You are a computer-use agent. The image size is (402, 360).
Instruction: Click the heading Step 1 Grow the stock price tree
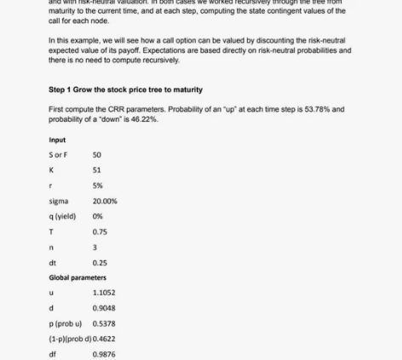[x=126, y=89]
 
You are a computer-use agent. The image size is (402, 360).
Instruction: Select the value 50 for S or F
[x=97, y=155]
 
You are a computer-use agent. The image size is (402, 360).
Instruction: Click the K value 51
[x=97, y=170]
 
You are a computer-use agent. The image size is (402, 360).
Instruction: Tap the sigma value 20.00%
[x=105, y=201]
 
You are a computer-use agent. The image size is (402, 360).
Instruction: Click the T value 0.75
[x=100, y=231]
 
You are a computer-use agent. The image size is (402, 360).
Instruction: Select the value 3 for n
[x=95, y=247]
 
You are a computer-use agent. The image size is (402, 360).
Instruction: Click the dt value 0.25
[x=100, y=262]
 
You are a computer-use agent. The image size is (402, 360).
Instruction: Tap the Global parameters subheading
[x=78, y=277]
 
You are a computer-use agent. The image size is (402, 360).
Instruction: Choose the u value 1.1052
[x=103, y=293]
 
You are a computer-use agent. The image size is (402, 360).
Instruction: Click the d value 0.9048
[x=103, y=308]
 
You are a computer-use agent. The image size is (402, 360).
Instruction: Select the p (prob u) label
[x=66, y=323]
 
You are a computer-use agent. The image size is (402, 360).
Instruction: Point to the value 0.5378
[x=103, y=323]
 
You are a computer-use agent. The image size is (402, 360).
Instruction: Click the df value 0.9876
[x=103, y=354]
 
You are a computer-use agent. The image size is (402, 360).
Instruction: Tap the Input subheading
[x=57, y=140]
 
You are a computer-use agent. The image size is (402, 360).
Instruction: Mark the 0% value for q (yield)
[x=97, y=216]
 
